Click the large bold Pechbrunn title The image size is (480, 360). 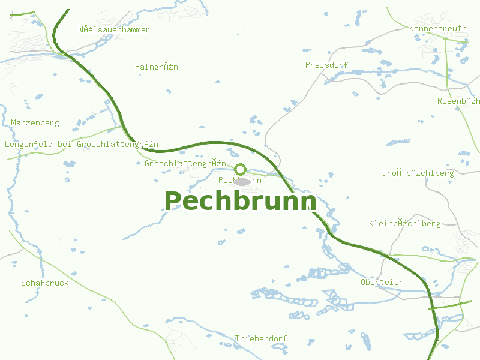[x=240, y=201]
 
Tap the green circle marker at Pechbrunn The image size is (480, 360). [x=241, y=169]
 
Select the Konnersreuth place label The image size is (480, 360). [x=437, y=28]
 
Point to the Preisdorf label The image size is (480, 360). [x=326, y=65]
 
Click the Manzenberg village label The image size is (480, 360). [x=35, y=122]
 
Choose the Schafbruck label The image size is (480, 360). [x=44, y=283]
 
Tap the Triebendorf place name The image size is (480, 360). [x=261, y=338]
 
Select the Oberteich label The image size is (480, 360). [x=382, y=282]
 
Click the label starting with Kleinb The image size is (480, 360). [x=404, y=223]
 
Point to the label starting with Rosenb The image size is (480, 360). [x=458, y=100]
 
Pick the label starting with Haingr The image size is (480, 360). [x=157, y=67]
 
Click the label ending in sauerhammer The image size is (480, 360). [x=114, y=29]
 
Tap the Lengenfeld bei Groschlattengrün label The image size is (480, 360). [x=81, y=144]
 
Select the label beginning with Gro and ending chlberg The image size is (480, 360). [x=418, y=173]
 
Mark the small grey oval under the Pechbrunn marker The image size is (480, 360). [x=242, y=181]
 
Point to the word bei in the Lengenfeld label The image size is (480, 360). [x=64, y=144]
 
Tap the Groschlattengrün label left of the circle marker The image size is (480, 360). [x=185, y=163]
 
